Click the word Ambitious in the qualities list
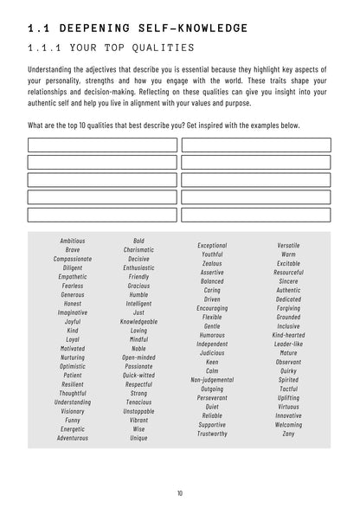coord(73,240)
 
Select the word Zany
coord(289,433)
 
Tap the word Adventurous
coord(73,438)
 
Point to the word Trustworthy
coord(212,433)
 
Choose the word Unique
coord(138,438)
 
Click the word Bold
coord(138,240)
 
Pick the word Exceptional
coord(212,246)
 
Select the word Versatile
coord(289,246)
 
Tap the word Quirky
coord(289,370)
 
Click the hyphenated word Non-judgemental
coord(212,379)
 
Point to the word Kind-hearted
coord(289,334)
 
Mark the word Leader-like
coord(289,344)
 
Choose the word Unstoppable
coord(138,411)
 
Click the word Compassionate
coord(73,258)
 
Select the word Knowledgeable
coord(138,321)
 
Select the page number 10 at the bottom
coord(180,492)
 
